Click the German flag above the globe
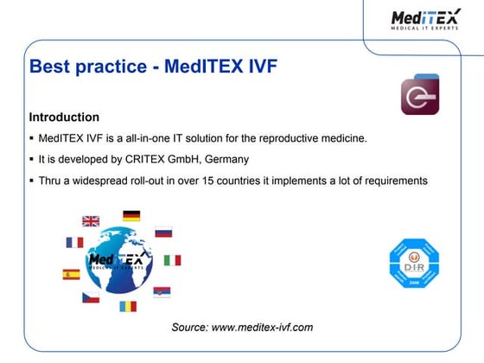(x=131, y=215)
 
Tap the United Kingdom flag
(x=91, y=221)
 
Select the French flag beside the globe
(x=75, y=243)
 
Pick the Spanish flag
(x=71, y=274)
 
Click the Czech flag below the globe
(x=91, y=297)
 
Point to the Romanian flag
(x=128, y=306)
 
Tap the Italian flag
(x=172, y=260)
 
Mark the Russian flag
(x=163, y=232)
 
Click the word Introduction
(x=64, y=117)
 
